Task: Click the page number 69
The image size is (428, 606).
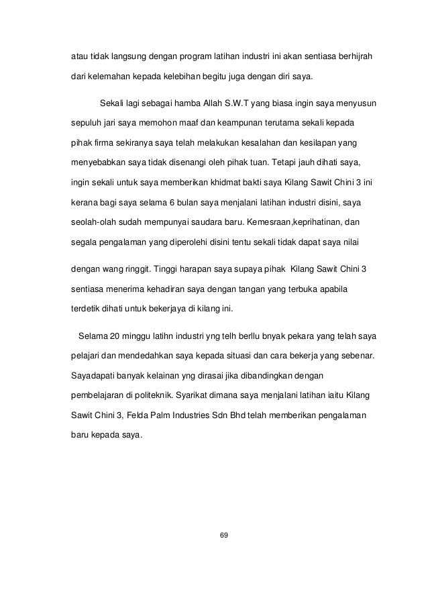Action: click(x=224, y=536)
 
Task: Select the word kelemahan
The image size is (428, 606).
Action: click(x=113, y=77)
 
